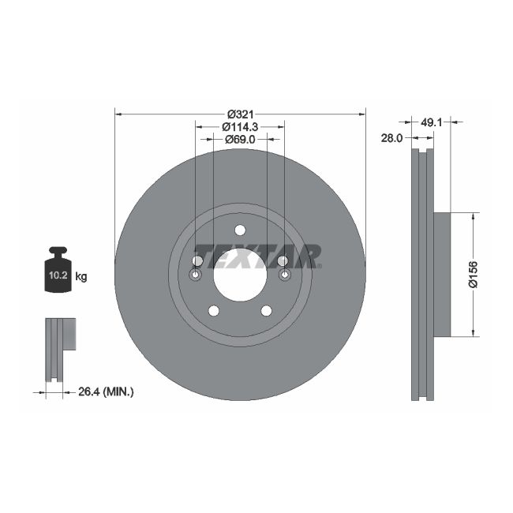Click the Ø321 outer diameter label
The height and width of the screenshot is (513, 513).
click(240, 114)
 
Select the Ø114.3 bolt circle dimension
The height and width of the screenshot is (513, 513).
click(240, 127)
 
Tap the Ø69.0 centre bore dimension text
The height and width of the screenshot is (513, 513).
click(240, 140)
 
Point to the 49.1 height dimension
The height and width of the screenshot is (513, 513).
click(430, 122)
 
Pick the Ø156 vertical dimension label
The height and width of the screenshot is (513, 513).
click(473, 274)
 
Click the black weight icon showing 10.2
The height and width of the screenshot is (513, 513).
click(58, 271)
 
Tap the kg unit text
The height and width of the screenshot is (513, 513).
click(81, 277)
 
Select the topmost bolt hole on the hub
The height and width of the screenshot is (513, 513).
click(240, 230)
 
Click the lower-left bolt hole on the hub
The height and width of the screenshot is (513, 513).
click(213, 311)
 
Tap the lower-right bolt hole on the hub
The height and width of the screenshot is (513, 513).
click(267, 311)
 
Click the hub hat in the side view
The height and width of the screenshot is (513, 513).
click(442, 274)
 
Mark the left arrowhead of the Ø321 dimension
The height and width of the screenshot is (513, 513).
click(118, 114)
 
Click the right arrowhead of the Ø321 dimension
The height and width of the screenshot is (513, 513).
click(362, 114)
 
